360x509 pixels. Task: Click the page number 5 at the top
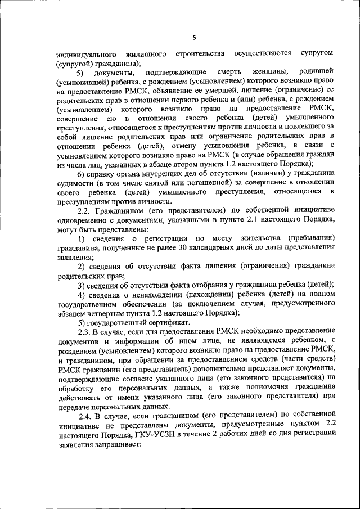[x=194, y=38]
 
